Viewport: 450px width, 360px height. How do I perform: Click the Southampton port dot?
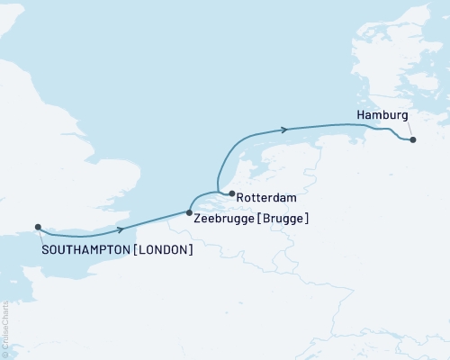coord(38,228)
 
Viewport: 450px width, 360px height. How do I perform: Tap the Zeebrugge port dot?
coord(189,212)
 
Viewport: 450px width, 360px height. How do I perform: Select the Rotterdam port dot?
coord(231,193)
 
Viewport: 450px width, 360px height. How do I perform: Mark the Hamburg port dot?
coord(412,139)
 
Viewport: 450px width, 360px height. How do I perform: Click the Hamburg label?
coord(382,116)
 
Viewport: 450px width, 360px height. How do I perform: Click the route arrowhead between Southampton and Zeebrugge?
coord(120,230)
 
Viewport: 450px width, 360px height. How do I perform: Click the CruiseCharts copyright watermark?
coord(4,328)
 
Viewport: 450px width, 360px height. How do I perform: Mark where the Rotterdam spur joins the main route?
coord(218,191)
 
